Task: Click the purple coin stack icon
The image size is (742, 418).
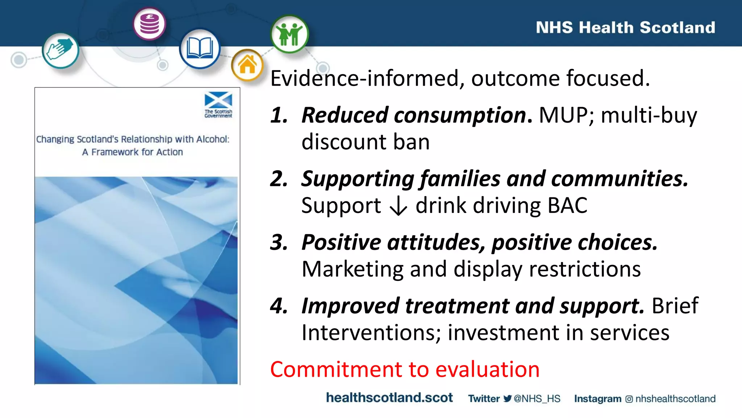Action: pos(149,24)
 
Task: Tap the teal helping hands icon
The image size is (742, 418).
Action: pos(60,50)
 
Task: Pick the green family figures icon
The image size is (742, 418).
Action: pos(289,34)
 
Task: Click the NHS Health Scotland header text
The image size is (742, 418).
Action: pos(625,28)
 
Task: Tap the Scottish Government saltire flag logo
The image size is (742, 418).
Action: pos(218,100)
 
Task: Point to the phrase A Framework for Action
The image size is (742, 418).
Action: pos(132,152)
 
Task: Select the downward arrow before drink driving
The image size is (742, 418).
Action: pos(398,206)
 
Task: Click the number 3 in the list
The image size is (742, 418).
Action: pos(279,242)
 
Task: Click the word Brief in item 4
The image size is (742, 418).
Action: pos(675,306)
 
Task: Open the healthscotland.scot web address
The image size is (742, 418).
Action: pos(389,398)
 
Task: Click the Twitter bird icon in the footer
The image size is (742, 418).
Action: pos(508,399)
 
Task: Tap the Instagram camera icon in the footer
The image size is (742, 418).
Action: pos(629,399)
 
